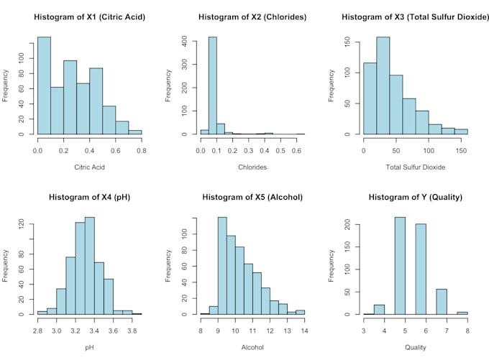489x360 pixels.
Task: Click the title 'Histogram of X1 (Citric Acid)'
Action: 89,17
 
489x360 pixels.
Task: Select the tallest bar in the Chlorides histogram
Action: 213,86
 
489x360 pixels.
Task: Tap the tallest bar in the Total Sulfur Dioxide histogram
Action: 383,86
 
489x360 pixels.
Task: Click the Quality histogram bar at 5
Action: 401,266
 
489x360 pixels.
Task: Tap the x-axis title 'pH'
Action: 89,347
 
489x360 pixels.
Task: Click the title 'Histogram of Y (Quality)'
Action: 415,197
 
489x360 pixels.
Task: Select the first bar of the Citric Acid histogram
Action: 44,86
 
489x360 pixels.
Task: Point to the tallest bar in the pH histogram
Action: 90,266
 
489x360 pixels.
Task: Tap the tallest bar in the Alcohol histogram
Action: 222,266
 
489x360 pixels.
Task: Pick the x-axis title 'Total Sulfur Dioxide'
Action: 415,167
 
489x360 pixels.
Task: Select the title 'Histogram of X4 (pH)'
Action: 89,197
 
